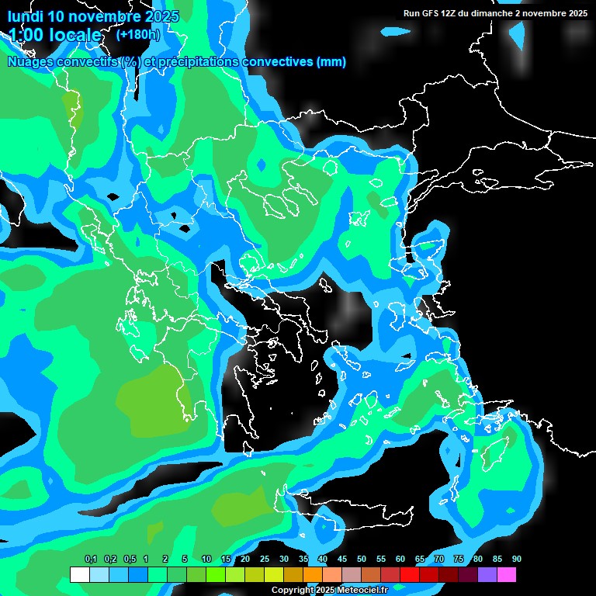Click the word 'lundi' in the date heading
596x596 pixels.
coord(26,16)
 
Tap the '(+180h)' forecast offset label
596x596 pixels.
coord(138,34)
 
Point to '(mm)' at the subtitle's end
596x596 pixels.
coord(331,62)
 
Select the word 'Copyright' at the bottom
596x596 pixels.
coord(294,591)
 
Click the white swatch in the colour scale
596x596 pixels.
coord(79,575)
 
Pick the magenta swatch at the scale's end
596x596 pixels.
coord(507,575)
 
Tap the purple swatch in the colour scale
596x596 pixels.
coord(487,575)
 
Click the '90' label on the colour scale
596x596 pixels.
coord(516,560)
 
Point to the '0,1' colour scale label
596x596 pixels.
coord(91,560)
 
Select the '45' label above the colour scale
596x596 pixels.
coord(342,560)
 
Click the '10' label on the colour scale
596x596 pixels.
coord(206,560)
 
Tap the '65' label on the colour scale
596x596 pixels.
coord(420,560)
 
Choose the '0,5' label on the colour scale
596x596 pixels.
coord(130,560)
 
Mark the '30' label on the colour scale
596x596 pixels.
coord(284,560)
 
